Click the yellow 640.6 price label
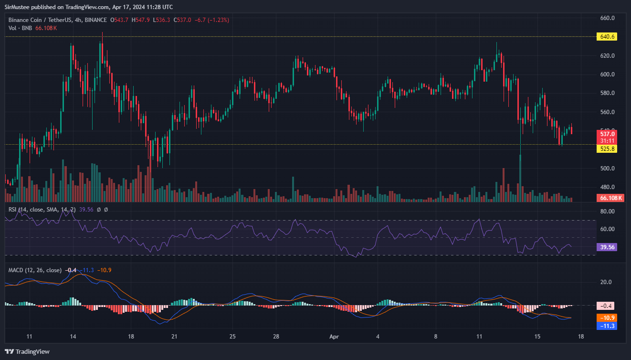coord(607,37)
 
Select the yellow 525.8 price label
coord(607,149)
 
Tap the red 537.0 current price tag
coord(607,134)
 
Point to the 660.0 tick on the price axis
coord(607,18)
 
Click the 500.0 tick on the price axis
coord(607,169)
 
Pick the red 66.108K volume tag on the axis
coord(610,198)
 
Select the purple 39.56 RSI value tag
coord(607,247)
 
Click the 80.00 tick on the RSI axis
coord(607,211)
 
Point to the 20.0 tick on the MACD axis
coord(606,282)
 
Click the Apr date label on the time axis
coord(334,337)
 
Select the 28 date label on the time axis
coord(276,337)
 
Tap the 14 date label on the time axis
coord(73,337)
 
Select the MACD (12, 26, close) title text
coord(35,270)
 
